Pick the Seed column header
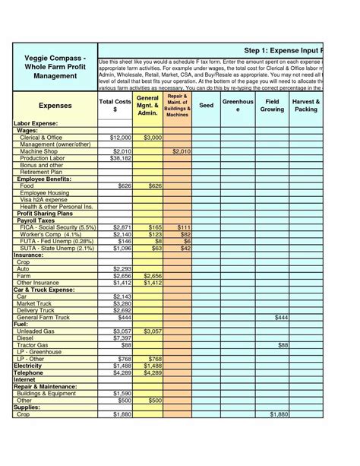206,106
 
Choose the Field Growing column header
272,105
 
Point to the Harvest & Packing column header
306,105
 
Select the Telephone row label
29,372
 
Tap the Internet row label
26,379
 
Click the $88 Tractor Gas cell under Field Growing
282,344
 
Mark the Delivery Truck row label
38,309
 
